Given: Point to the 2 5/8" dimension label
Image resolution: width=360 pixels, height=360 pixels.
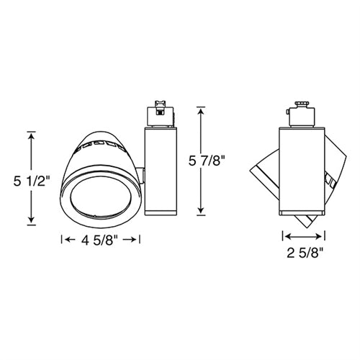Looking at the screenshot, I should pyautogui.click(x=304, y=253).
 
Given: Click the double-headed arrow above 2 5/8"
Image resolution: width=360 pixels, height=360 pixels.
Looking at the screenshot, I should pyautogui.click(x=304, y=235).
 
